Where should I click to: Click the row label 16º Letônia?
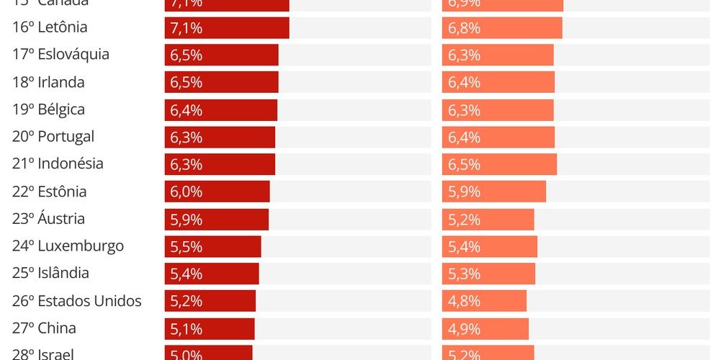[x=50, y=27]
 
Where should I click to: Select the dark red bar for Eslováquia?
[x=221, y=55]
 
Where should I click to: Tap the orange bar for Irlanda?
[x=498, y=83]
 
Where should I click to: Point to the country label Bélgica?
[x=61, y=109]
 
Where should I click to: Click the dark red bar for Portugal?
[x=220, y=137]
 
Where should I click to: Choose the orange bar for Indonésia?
[x=499, y=164]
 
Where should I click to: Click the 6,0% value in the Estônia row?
[x=187, y=192]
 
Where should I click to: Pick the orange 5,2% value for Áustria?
[x=464, y=219]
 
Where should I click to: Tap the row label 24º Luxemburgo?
[x=68, y=246]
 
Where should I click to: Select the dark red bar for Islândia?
[x=212, y=274]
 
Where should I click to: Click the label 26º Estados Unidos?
[x=77, y=301]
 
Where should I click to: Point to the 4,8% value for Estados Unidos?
[x=464, y=301]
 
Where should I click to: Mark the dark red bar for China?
[x=210, y=328]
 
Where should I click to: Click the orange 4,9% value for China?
[x=464, y=328]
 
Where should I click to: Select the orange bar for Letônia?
[x=502, y=28]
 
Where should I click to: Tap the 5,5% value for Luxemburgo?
[x=187, y=246]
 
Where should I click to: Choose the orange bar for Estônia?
[x=494, y=192]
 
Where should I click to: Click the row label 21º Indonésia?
[x=58, y=164]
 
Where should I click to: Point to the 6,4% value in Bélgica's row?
[x=187, y=110]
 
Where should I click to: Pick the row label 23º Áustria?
[x=48, y=219]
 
